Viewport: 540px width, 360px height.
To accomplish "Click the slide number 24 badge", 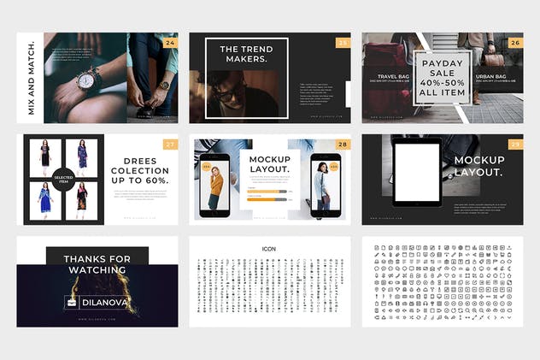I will (170, 41).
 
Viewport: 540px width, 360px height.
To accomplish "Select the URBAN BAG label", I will (490, 77).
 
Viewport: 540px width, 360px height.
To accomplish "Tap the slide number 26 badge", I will (514, 41).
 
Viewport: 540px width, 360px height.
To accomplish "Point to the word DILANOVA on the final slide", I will (106, 301).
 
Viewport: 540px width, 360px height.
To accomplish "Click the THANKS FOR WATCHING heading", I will (97, 264).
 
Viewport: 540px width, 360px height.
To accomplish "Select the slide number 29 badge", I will (514, 144).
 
